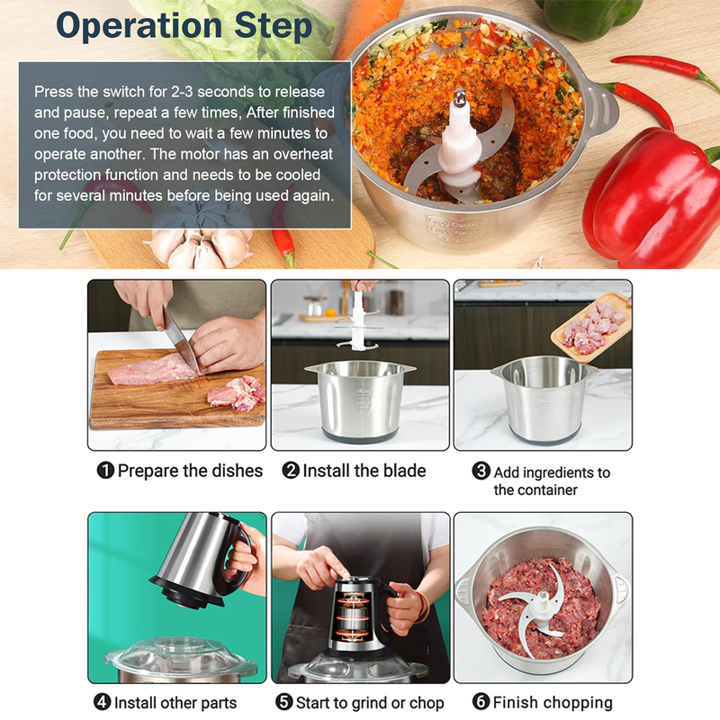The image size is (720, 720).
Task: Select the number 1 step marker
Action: coord(105,471)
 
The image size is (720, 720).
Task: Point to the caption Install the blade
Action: coord(364,471)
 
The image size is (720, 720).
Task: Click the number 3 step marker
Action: coord(481,472)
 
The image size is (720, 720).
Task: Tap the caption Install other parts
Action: coord(175,703)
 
